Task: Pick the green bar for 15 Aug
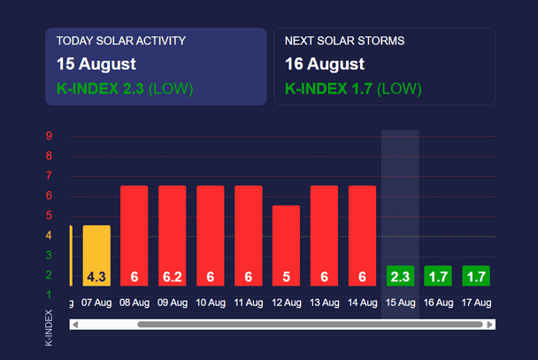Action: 400,275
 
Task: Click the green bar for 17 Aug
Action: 476,275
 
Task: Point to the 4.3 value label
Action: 96,277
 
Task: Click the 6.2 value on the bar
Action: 172,277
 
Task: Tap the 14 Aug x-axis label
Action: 362,303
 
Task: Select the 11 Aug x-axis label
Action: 248,303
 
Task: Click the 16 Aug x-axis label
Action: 438,303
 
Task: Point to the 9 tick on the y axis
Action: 49,136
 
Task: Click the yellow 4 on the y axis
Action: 49,235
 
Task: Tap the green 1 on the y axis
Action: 49,295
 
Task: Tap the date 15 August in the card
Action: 96,64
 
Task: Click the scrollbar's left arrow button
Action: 75,325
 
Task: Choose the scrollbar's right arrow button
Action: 489,325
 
